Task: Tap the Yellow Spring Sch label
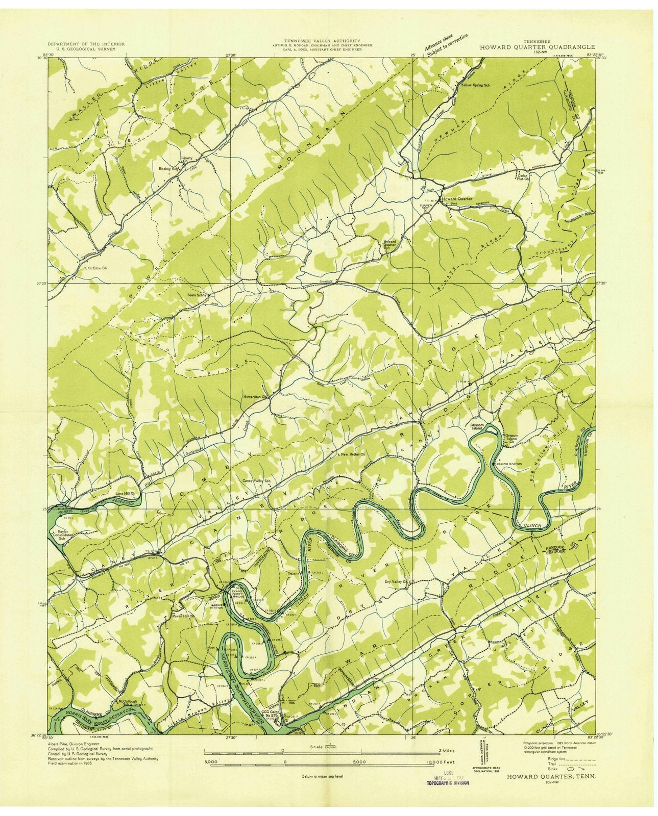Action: point(475,85)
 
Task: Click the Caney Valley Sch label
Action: point(256,481)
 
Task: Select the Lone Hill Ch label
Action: point(126,493)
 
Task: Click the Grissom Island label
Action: point(476,426)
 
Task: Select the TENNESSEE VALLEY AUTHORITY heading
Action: point(323,41)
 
